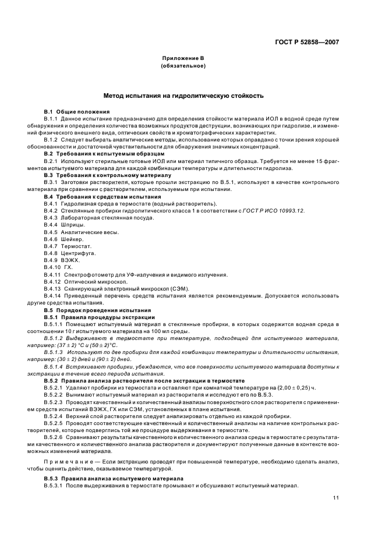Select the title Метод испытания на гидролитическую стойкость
[183, 94]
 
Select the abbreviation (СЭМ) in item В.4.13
[165, 288]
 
